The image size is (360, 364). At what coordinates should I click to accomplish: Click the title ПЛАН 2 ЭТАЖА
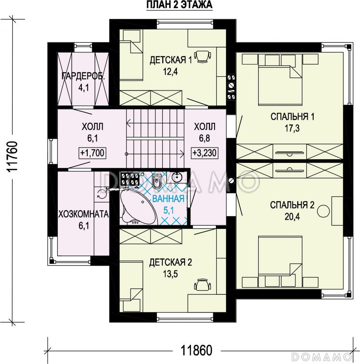point(179,5)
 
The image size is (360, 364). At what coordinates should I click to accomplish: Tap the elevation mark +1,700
point(93,153)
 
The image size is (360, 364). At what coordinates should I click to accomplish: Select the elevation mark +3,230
point(205,153)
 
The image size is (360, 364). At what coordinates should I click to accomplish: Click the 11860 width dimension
point(196,350)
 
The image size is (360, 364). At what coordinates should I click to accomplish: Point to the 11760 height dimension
point(12,156)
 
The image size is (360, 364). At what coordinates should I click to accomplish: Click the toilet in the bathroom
point(157,181)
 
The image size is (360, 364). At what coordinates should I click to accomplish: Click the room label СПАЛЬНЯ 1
point(292,116)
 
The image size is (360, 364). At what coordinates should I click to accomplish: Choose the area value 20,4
point(292,217)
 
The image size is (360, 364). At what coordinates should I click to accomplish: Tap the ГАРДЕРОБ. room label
point(83,76)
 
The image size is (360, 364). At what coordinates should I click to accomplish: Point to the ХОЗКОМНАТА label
point(84,214)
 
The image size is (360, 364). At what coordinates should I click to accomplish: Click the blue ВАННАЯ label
point(169,199)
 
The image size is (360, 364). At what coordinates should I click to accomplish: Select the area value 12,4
point(170,72)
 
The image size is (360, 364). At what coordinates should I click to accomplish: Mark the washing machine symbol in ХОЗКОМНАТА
point(101,194)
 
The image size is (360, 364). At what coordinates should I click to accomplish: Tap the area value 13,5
point(170,274)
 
